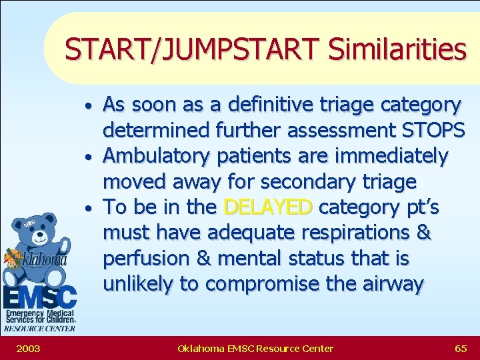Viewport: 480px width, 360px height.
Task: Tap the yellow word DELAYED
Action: [x=267, y=207]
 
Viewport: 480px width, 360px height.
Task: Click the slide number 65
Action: [x=460, y=348]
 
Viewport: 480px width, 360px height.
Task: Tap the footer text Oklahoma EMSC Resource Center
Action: [x=255, y=348]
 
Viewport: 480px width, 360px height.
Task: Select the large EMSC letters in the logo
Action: [x=39, y=297]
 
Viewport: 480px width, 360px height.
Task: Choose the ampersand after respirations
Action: [x=423, y=233]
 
